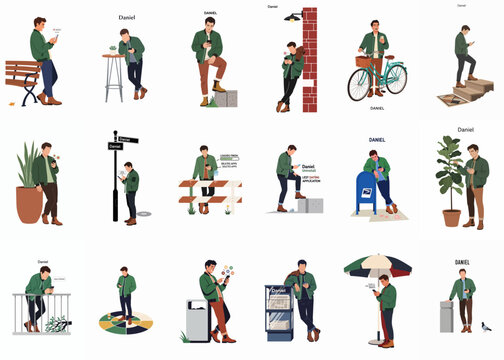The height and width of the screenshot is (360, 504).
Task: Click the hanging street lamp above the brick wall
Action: click(x=292, y=17)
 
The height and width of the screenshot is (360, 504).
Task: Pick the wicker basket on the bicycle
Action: click(x=362, y=62)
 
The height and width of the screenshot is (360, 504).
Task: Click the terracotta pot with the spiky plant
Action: click(x=29, y=202)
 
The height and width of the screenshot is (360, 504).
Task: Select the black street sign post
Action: click(x=115, y=180)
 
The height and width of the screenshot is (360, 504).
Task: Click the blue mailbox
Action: click(x=367, y=193)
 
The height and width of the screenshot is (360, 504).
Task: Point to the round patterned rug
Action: click(x=125, y=323)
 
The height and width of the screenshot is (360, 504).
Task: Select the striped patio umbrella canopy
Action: click(x=376, y=266)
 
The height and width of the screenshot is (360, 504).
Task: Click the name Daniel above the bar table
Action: click(x=127, y=17)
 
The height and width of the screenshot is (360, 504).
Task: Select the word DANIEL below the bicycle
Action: click(x=376, y=108)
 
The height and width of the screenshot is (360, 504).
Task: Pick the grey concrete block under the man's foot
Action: click(x=225, y=98)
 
